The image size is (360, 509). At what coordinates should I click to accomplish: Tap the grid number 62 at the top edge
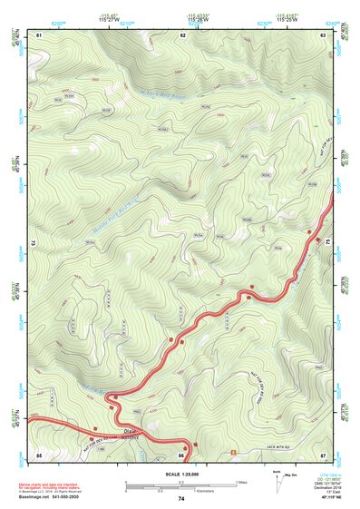coord(182,34)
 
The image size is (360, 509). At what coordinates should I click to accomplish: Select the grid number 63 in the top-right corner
coord(323,34)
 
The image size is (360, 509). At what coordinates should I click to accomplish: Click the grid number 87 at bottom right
coord(323,453)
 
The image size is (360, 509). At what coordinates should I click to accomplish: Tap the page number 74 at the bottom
coord(181,498)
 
